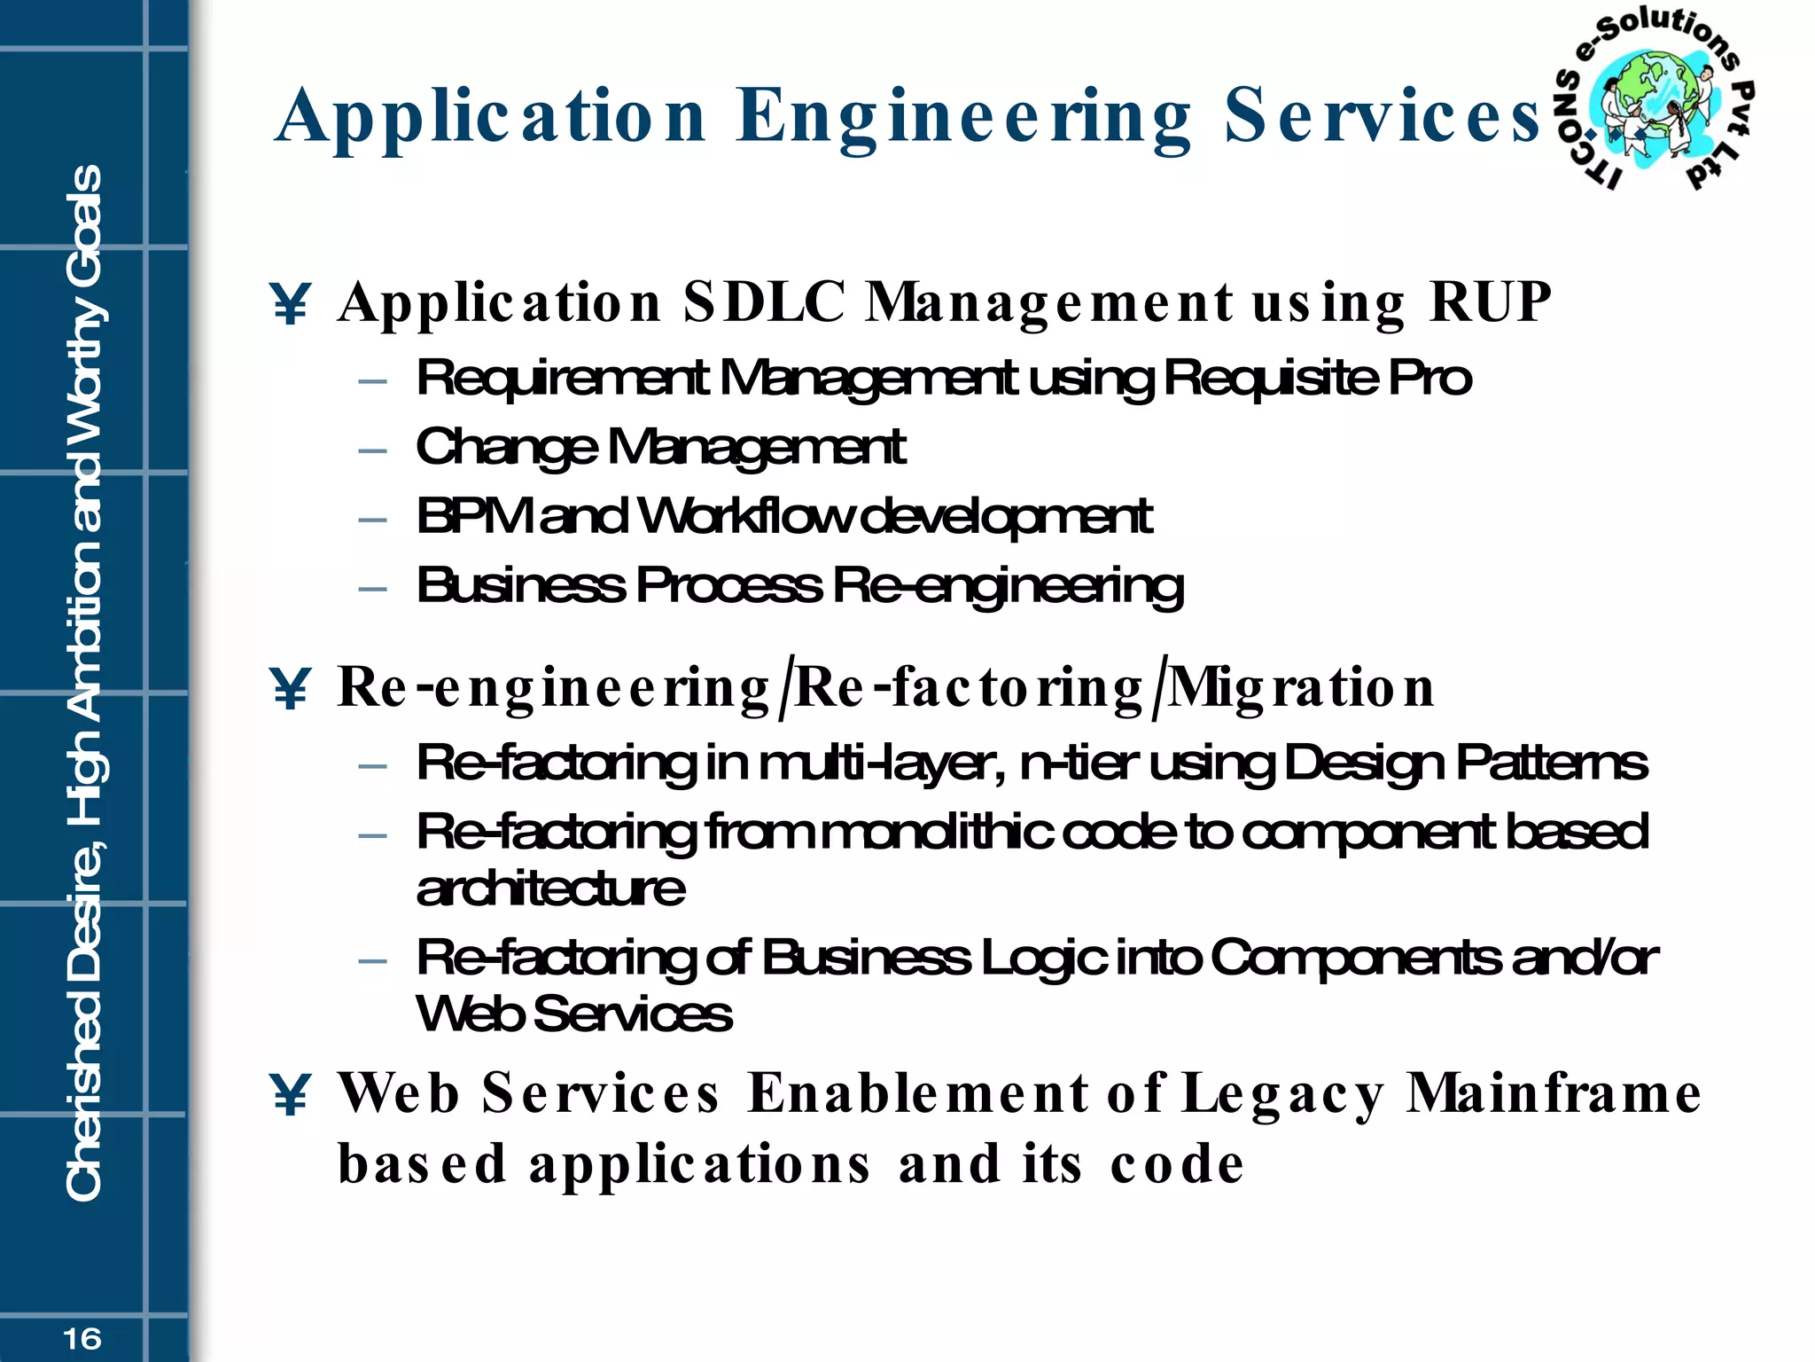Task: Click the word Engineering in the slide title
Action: tap(963, 118)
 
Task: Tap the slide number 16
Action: tap(82, 1338)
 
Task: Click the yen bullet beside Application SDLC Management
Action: tap(290, 304)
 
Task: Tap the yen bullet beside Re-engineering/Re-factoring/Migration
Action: tap(290, 689)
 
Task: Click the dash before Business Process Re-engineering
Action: tap(373, 588)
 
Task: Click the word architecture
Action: tap(550, 889)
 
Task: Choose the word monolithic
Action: tap(938, 833)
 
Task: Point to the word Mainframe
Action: tap(1554, 1093)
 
